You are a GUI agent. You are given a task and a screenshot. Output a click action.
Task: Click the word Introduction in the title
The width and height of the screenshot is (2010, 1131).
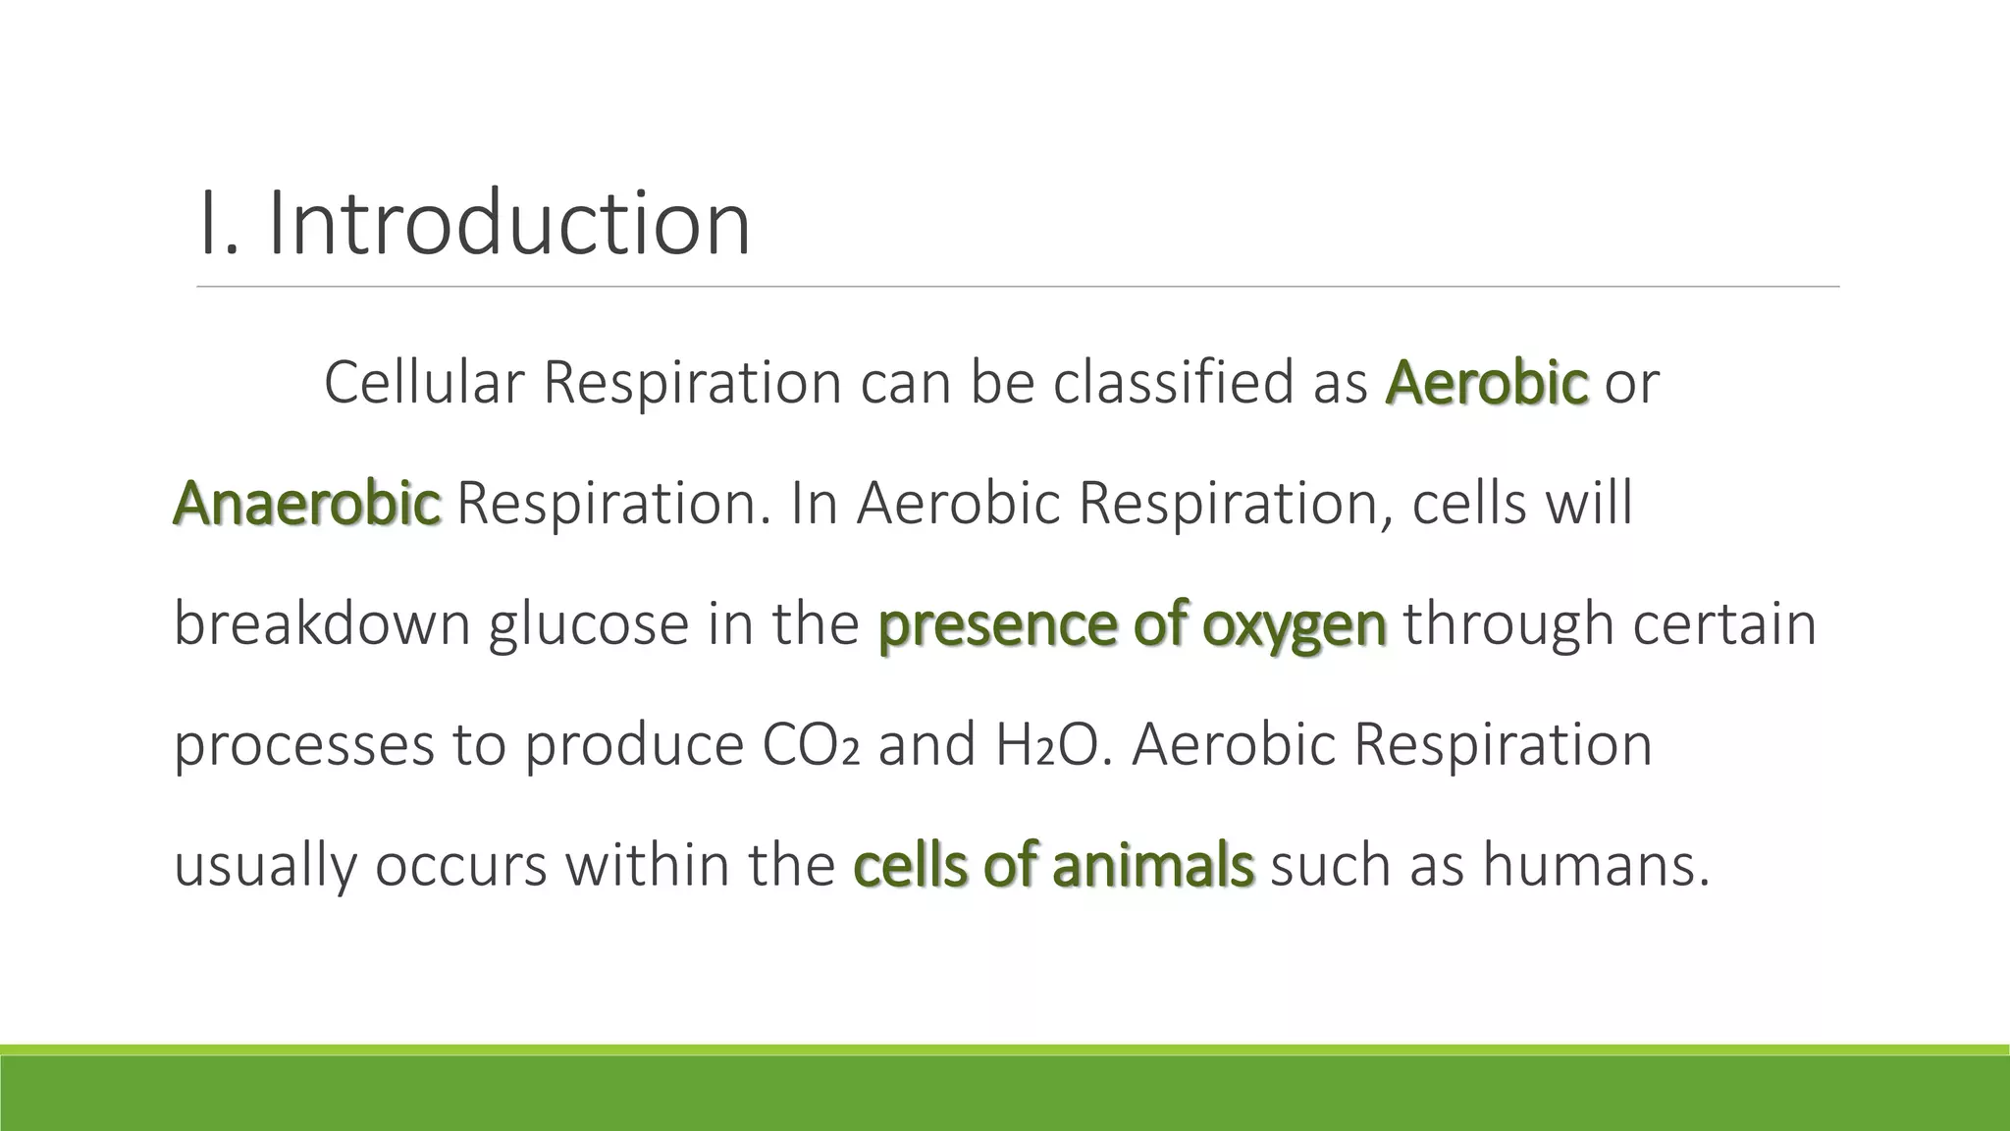tap(508, 224)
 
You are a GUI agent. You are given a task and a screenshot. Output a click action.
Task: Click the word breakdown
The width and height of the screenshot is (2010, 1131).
tap(322, 623)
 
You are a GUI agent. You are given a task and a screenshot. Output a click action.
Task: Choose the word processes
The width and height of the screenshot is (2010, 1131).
tap(303, 746)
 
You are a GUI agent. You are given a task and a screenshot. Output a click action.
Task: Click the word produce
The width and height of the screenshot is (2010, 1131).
tap(633, 746)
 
